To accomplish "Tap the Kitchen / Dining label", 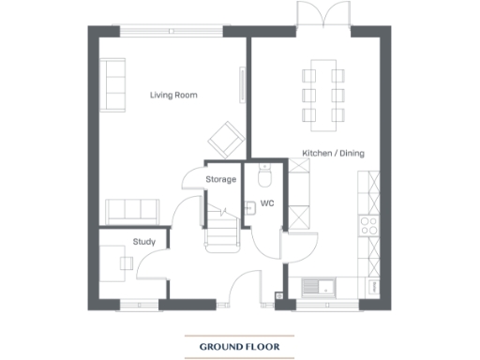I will click(x=333, y=153).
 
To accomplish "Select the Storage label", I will click(x=221, y=179).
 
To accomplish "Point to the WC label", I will click(x=266, y=202).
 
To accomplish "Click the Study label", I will click(x=143, y=242).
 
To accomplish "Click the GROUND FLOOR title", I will click(x=239, y=347).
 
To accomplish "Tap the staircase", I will click(x=222, y=229).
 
